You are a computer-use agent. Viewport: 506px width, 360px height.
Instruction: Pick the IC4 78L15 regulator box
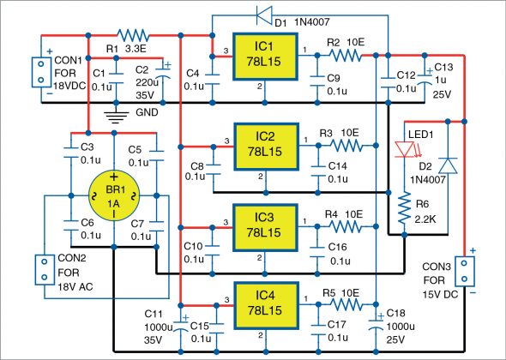(265, 303)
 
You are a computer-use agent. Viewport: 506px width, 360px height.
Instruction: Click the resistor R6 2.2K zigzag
(403, 205)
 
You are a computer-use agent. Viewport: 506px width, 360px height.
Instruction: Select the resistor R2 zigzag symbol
(343, 55)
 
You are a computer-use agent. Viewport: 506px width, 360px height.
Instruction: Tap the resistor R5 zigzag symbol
(343, 303)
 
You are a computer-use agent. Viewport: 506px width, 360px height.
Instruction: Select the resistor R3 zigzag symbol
(343, 146)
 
